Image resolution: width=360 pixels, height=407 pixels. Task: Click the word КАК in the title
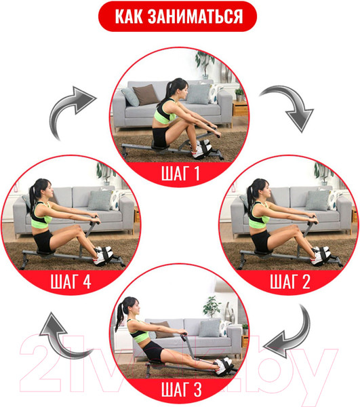point(129,16)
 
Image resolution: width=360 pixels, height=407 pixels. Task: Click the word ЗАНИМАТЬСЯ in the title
point(195,16)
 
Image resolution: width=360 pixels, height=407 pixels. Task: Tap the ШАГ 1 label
point(180,173)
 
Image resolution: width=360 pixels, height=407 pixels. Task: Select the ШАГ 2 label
point(290,282)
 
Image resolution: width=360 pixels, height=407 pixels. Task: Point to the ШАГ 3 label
point(181,390)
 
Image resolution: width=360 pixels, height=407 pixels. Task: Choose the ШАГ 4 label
point(71,282)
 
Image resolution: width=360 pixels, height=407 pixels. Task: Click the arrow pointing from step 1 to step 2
point(289,107)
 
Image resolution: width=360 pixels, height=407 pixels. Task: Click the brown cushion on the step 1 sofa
point(146,94)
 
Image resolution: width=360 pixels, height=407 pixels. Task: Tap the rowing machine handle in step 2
point(313,220)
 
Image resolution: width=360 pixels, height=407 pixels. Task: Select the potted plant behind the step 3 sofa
point(212,307)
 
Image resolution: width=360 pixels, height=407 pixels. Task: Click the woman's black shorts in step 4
point(43,241)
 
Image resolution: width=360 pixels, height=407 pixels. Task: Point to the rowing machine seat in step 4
point(45,252)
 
